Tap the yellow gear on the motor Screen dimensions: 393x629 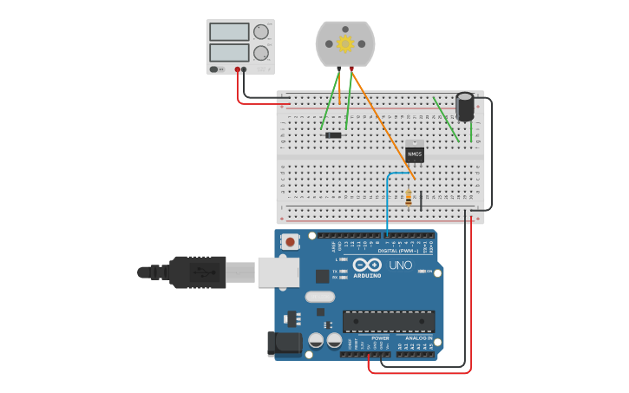[345, 43]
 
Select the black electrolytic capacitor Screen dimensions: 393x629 [466, 108]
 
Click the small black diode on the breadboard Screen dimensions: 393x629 [333, 134]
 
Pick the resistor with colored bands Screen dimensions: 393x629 [409, 198]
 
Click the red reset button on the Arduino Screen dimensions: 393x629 [290, 242]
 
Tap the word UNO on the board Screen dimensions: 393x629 [400, 265]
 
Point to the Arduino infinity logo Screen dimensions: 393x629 [367, 265]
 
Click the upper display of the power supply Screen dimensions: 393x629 [229, 32]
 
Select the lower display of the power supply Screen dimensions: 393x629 [229, 53]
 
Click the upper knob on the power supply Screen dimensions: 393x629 [261, 32]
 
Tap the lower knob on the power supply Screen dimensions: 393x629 [261, 52]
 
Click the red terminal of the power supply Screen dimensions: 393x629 [237, 69]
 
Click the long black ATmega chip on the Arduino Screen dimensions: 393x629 [389, 321]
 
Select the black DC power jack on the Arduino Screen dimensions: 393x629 [285, 344]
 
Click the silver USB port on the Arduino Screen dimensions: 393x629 [278, 272]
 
